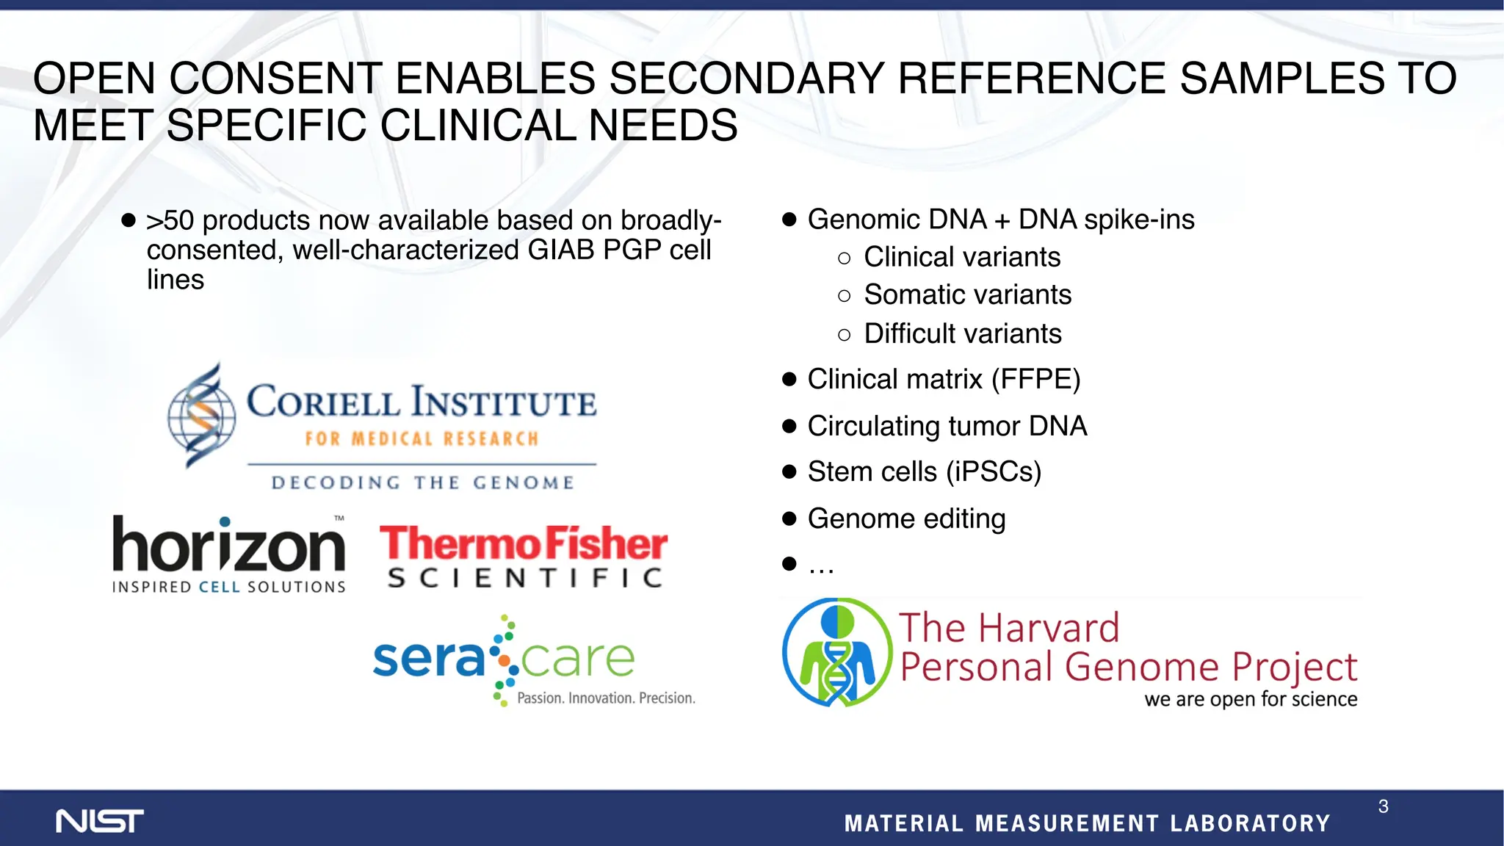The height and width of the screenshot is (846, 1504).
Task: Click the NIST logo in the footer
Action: tap(100, 821)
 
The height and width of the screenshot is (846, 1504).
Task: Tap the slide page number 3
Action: tap(1383, 806)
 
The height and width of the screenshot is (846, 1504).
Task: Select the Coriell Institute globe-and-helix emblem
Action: tap(201, 416)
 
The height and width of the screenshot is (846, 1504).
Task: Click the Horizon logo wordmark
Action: tap(228, 545)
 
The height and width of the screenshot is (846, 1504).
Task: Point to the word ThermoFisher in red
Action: tap(524, 543)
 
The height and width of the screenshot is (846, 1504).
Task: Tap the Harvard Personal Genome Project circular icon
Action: tap(836, 652)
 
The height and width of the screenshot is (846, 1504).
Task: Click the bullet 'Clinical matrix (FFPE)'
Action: tap(944, 380)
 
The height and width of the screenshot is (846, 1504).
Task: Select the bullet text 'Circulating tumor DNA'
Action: tap(947, 426)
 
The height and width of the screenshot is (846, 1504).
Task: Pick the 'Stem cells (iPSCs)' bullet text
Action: tap(924, 471)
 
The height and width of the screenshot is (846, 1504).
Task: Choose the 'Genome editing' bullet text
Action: tap(906, 518)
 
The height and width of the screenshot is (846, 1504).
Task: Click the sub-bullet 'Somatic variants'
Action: tap(967, 294)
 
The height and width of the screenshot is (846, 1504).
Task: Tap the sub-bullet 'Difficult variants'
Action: tap(962, 333)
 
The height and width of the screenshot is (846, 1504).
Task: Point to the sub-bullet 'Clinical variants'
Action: tap(962, 257)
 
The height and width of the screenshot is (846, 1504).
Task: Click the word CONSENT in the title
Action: tap(275, 78)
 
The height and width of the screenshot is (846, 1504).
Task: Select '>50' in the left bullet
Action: tap(170, 220)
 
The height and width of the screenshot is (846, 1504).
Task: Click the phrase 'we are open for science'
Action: tap(1250, 698)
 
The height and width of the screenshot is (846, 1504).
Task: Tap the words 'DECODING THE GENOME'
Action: tap(422, 482)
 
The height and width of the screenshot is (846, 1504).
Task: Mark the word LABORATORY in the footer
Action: tap(1250, 823)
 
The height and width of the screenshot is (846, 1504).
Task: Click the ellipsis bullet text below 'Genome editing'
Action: tap(821, 565)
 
